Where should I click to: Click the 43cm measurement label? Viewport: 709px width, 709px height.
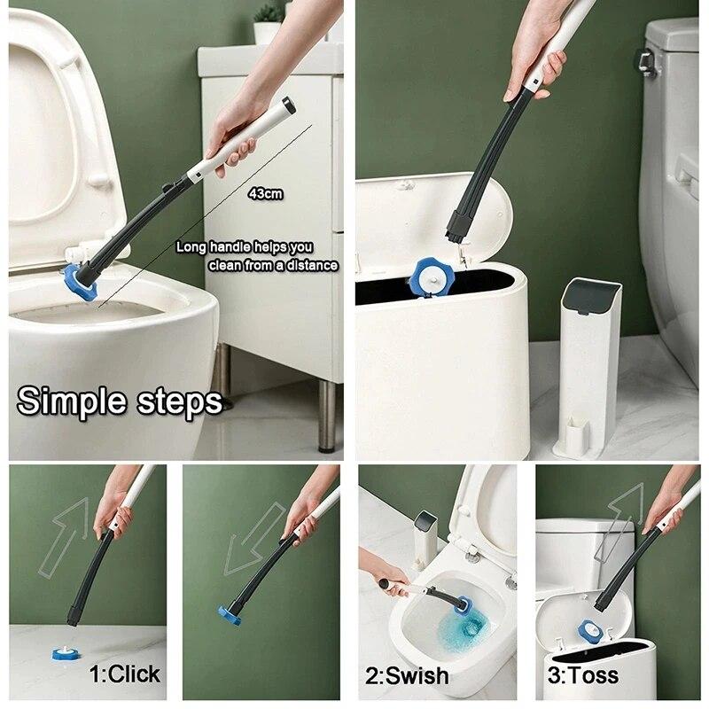pos(266,193)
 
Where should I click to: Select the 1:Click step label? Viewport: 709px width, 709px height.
pos(125,674)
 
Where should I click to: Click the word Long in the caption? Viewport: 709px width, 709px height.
pos(191,247)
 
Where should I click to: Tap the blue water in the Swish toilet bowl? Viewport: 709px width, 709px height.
pos(468,635)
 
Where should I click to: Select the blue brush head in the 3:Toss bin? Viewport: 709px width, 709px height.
pos(586,632)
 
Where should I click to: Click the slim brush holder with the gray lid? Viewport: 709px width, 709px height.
pos(586,363)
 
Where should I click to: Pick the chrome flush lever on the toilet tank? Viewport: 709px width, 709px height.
pos(646,61)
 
